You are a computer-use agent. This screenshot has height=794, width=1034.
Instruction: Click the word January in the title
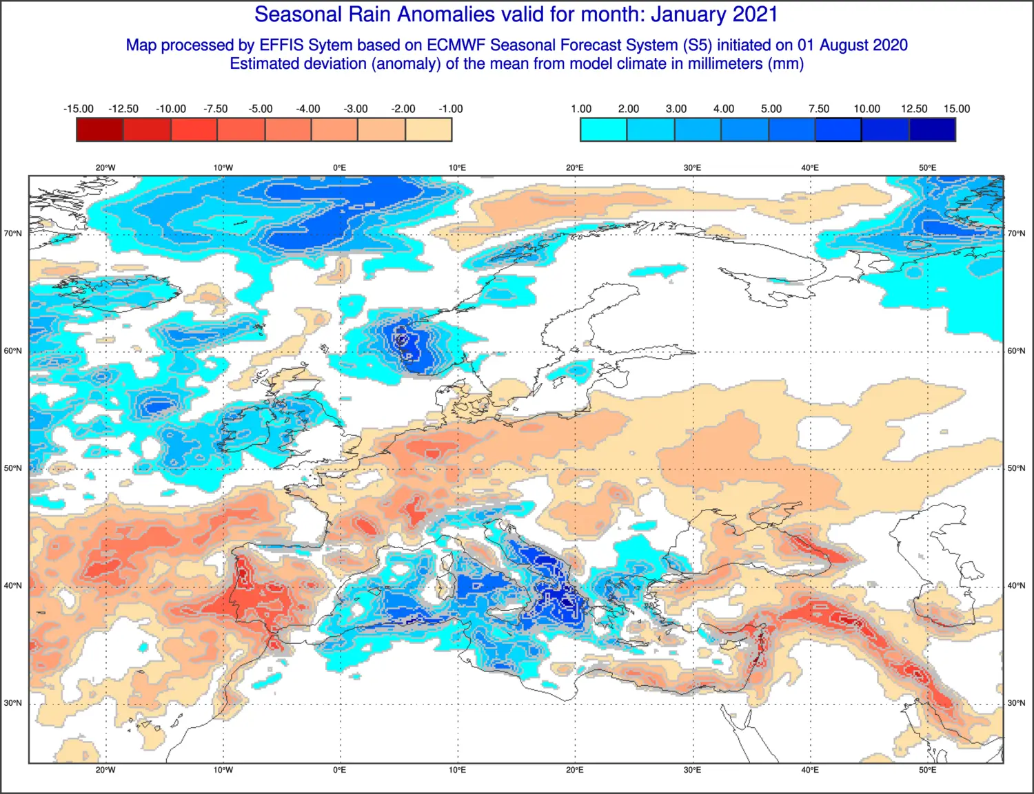(690, 14)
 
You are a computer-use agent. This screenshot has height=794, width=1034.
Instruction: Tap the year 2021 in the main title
(756, 14)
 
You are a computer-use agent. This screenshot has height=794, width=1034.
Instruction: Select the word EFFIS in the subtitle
(281, 45)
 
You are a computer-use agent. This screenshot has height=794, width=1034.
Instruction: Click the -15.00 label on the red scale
(79, 109)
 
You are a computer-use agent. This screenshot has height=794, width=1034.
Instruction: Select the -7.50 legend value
(215, 109)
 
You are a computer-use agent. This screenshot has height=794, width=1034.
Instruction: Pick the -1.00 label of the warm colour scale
(450, 109)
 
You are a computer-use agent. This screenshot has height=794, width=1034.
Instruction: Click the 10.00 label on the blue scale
(866, 109)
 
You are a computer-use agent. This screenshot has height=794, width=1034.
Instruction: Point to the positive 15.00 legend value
(957, 109)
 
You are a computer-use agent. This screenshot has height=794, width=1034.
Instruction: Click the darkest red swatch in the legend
(100, 129)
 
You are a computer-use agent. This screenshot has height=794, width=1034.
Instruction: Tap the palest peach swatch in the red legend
(429, 129)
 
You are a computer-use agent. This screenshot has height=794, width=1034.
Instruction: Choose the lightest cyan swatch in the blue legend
(604, 129)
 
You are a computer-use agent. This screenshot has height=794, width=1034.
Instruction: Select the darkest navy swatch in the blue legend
(933, 129)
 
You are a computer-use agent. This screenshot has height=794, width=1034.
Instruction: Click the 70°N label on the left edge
(13, 233)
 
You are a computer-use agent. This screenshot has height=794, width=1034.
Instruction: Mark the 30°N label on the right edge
(1016, 703)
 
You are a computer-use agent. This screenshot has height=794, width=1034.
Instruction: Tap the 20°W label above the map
(105, 168)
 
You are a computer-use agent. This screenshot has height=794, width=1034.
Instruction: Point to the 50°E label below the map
(927, 770)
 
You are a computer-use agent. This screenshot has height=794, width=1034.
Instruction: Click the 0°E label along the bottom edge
(339, 770)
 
